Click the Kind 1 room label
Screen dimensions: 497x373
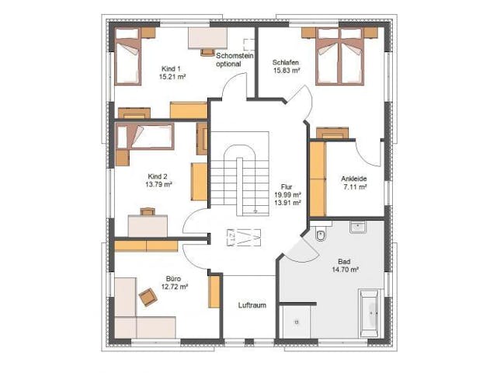pyautogui.click(x=171, y=68)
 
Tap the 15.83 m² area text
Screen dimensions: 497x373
pyautogui.click(x=287, y=71)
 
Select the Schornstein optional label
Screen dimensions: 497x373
pyautogui.click(x=235, y=60)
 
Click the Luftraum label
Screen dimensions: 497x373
pyautogui.click(x=252, y=305)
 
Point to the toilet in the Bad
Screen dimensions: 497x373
pyautogui.click(x=321, y=235)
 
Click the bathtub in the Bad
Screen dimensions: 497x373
pyautogui.click(x=370, y=313)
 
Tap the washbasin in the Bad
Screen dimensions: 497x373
pyautogui.click(x=358, y=227)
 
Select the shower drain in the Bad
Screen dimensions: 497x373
pyautogui.click(x=297, y=322)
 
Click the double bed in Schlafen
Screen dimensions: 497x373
pyautogui.click(x=340, y=56)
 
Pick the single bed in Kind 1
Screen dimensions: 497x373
pyautogui.click(x=127, y=56)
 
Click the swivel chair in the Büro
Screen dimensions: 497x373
pyautogui.click(x=148, y=297)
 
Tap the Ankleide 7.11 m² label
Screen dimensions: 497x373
pyautogui.click(x=354, y=183)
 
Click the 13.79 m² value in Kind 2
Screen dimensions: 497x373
pyautogui.click(x=158, y=184)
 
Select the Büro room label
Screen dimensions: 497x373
pyautogui.click(x=173, y=279)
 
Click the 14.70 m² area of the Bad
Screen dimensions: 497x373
pyautogui.click(x=345, y=270)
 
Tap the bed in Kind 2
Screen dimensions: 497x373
pyautogui.click(x=145, y=137)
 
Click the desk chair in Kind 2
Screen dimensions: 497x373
pyautogui.click(x=148, y=211)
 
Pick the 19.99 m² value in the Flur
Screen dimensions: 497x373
pyautogui.click(x=288, y=194)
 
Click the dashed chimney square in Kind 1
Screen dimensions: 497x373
pyautogui.click(x=248, y=45)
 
